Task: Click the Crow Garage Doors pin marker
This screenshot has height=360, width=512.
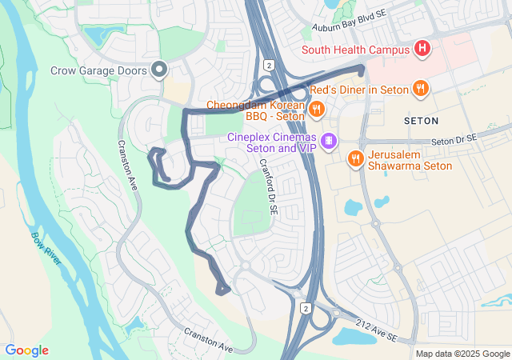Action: (158, 70)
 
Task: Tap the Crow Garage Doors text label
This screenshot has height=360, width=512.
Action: (98, 70)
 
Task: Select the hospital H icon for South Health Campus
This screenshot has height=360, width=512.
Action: (422, 50)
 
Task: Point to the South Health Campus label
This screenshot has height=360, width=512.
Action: (355, 50)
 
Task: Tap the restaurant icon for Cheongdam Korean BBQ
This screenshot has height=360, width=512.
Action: (317, 110)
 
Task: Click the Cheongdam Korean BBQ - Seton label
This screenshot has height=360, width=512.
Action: (256, 111)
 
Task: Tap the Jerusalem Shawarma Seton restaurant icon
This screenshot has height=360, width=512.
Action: (354, 159)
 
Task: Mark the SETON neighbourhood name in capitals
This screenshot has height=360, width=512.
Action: (422, 120)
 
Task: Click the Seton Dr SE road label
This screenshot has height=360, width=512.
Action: (454, 140)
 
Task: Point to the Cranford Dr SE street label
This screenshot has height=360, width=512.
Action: (267, 184)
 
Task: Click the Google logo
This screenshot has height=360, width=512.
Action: (27, 350)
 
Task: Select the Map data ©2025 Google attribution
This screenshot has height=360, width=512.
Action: (462, 354)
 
